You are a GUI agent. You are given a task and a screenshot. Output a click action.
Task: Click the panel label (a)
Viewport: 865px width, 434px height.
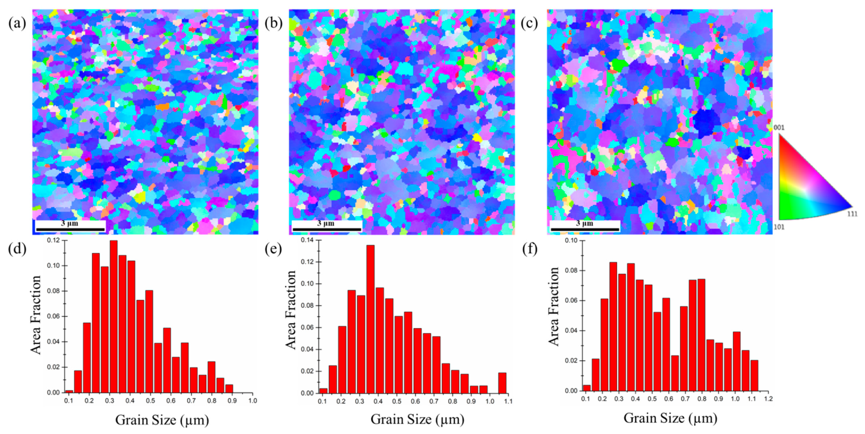pyautogui.click(x=17, y=23)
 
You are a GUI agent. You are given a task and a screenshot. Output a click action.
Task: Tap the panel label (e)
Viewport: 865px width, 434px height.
pyautogui.click(x=274, y=250)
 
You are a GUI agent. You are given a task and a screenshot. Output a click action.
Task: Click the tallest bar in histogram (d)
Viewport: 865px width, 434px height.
pyautogui.click(x=114, y=316)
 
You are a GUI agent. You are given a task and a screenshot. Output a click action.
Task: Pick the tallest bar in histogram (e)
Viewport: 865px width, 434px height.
pyautogui.click(x=370, y=319)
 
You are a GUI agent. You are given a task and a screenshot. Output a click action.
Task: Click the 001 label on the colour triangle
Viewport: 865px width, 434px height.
pyautogui.click(x=779, y=128)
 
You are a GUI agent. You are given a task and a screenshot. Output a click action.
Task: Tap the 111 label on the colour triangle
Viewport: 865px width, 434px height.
pyautogui.click(x=852, y=214)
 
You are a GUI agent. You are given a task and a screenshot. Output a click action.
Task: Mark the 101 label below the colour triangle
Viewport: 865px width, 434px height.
pyautogui.click(x=779, y=227)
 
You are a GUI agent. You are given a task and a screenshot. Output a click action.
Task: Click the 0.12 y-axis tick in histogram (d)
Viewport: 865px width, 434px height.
pyautogui.click(x=54, y=240)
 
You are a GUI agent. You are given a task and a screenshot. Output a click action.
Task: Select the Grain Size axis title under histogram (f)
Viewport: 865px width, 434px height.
pyautogui.click(x=670, y=418)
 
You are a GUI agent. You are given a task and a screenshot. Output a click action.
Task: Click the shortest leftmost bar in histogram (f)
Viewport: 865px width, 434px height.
pyautogui.click(x=586, y=388)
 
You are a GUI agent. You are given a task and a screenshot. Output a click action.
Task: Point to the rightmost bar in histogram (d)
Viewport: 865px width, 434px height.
pyautogui.click(x=229, y=389)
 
